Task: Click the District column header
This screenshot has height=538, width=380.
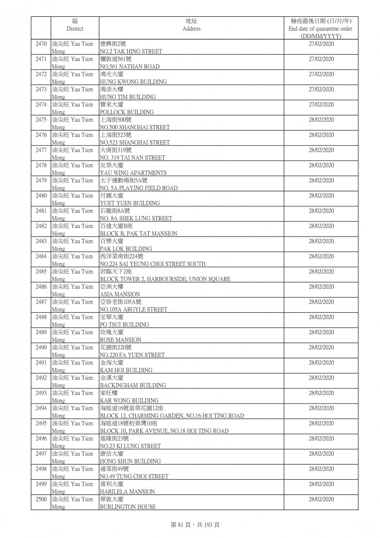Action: coord(74,25)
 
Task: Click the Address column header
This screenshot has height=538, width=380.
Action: coord(191,25)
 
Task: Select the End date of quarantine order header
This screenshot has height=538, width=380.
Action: coord(320,29)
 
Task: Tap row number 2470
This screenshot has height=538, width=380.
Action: coord(41,44)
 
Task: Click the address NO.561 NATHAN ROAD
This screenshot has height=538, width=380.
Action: coord(130,67)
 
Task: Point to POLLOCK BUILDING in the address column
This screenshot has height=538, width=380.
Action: coord(127,112)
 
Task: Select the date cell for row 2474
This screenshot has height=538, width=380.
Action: coord(321,105)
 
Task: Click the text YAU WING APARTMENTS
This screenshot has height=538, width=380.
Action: coord(133,173)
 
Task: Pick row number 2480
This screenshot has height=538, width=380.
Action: coord(41,196)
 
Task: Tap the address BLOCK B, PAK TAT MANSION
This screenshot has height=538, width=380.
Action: coord(138,234)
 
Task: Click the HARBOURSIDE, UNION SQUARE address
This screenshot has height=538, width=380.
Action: coord(165,279)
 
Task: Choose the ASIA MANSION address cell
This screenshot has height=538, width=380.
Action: coord(120,294)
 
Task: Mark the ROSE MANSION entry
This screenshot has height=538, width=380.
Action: coord(120,340)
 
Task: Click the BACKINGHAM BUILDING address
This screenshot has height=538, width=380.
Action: coord(133,385)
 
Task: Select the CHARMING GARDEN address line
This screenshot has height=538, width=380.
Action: coord(172,416)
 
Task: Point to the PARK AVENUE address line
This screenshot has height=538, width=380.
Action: coord(164,431)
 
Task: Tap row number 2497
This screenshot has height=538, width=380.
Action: coord(41,454)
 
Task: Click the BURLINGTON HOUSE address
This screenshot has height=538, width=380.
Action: coord(128,507)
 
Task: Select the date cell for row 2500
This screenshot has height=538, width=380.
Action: coord(321,499)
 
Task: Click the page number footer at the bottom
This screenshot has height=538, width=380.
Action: coord(195,525)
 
